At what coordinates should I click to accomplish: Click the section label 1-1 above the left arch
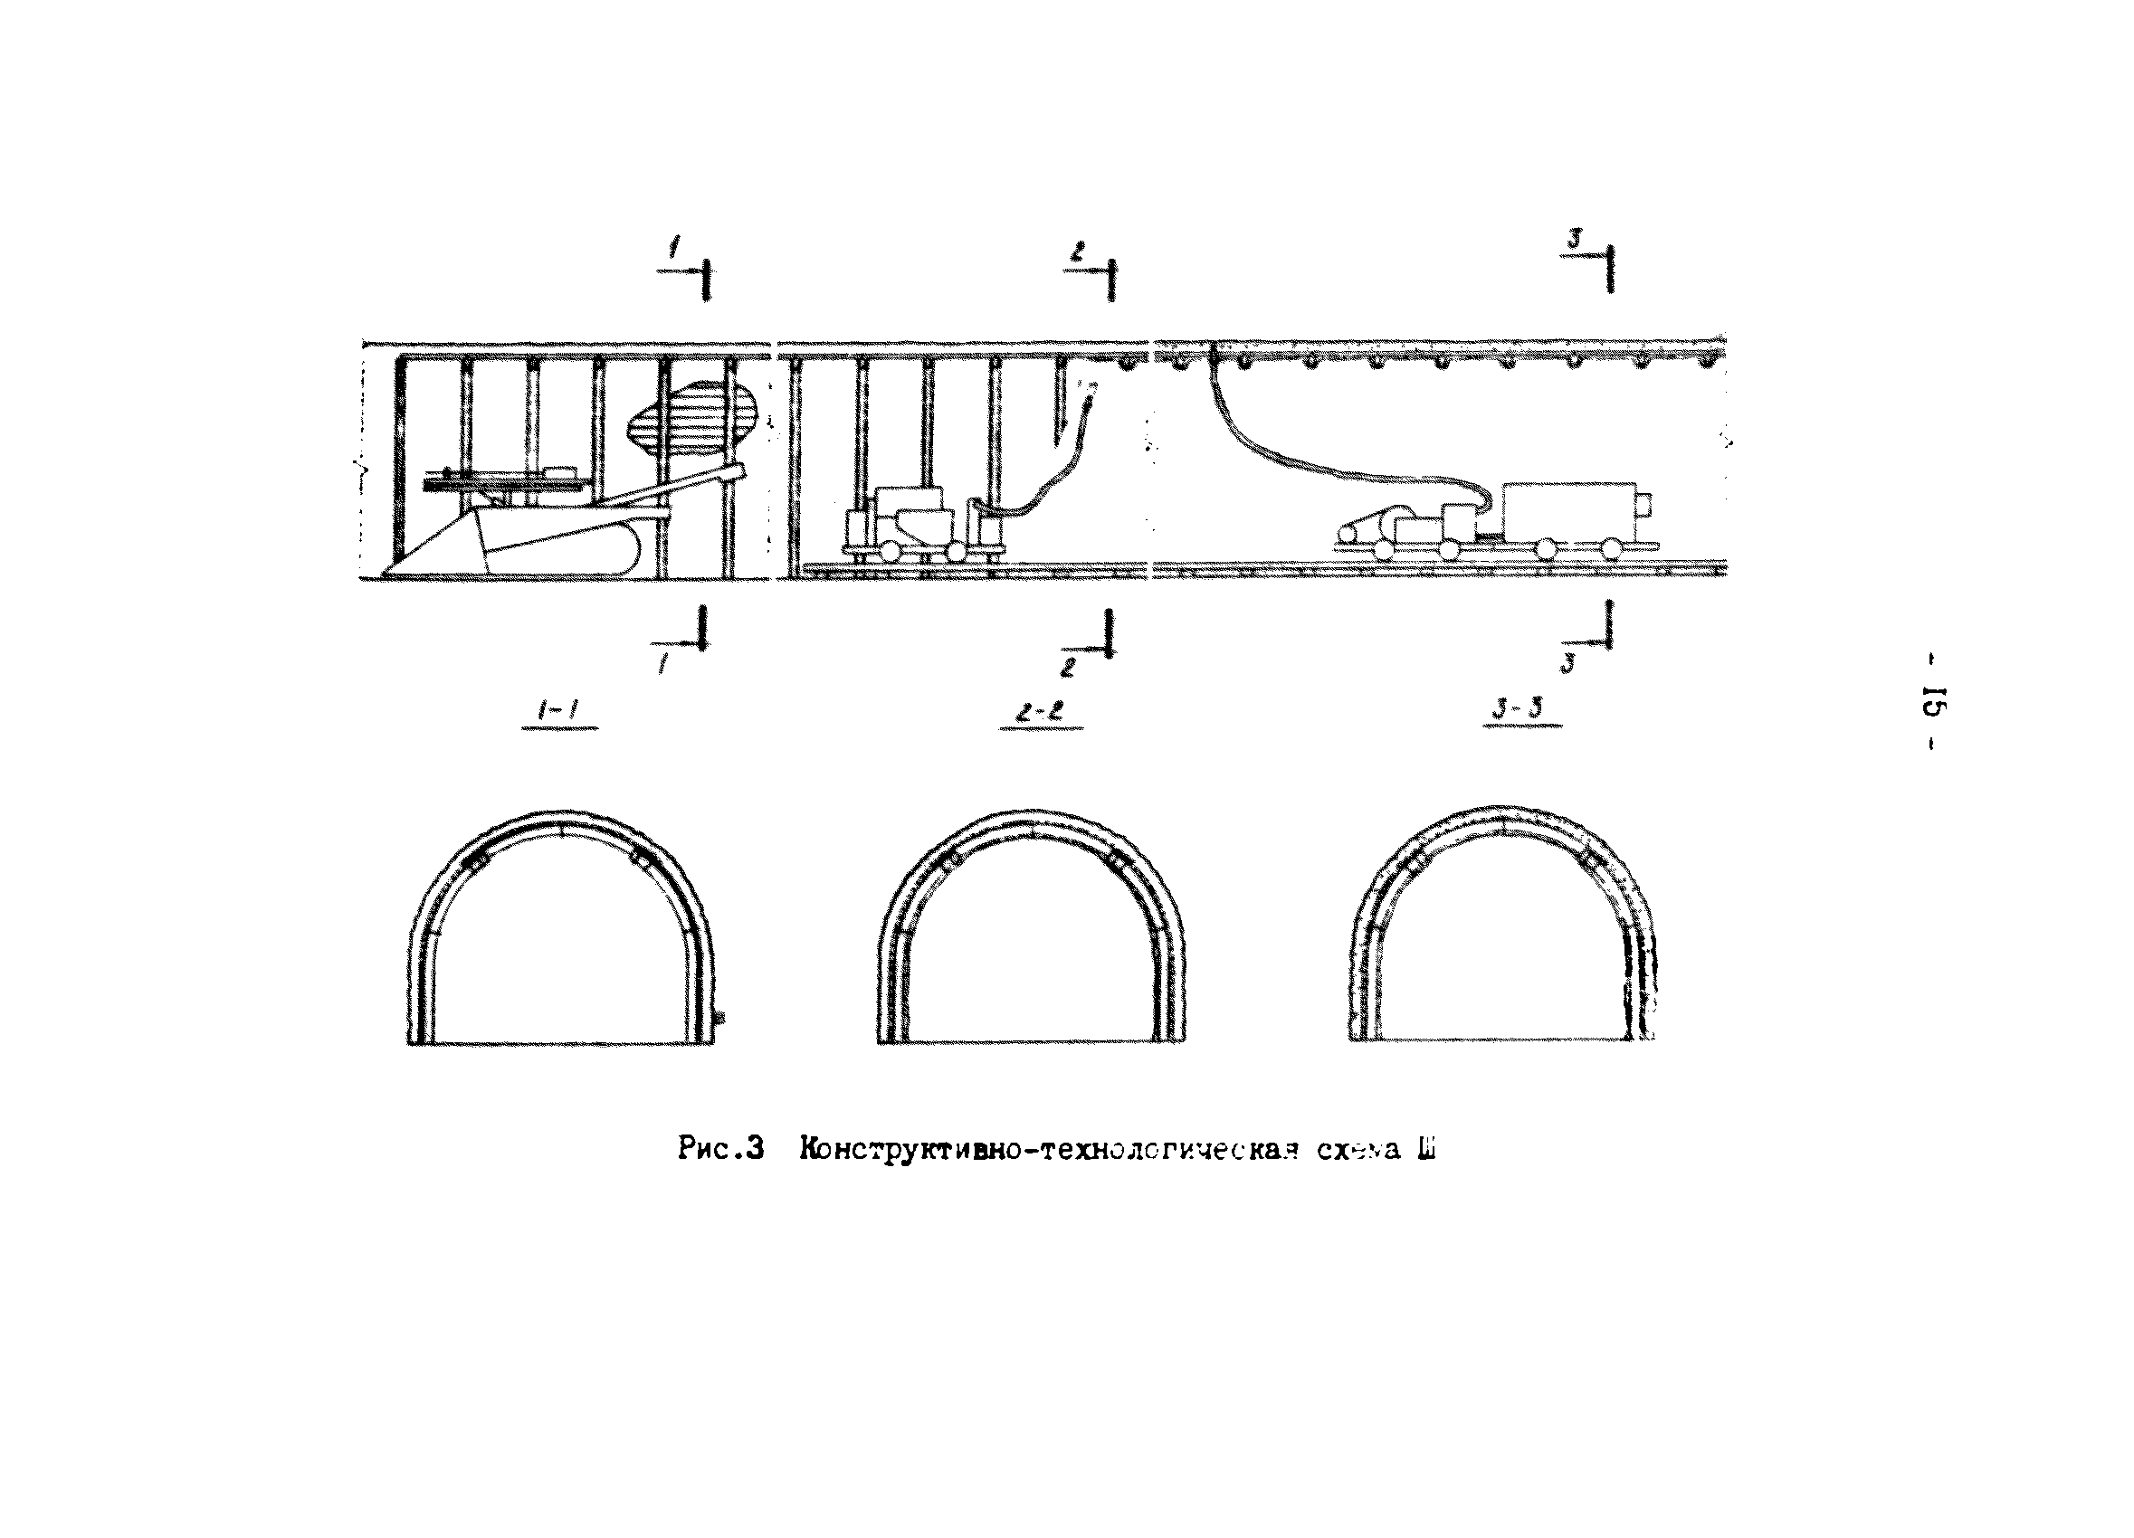[560, 714]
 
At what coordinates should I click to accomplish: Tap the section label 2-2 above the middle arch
[1040, 714]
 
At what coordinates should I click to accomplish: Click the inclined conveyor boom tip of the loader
[738, 470]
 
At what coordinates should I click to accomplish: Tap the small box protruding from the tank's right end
[1643, 504]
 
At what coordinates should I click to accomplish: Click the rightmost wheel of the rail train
[1612, 547]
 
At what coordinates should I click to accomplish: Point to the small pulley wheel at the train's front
[1348, 535]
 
